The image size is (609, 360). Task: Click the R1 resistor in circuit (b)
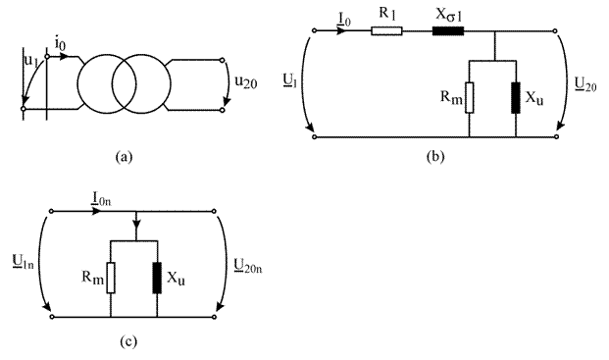tap(386, 30)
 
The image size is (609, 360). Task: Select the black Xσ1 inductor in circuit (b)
tap(448, 30)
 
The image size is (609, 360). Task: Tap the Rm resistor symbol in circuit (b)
tap(470, 97)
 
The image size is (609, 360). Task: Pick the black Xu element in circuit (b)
tap(516, 97)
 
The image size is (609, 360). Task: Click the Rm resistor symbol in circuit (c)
tap(111, 278)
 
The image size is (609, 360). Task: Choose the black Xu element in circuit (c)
tap(157, 278)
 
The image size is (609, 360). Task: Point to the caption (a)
tap(125, 157)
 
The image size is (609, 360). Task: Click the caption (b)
tap(435, 157)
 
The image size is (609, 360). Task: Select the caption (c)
tap(128, 341)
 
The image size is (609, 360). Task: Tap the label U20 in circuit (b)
tap(585, 84)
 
